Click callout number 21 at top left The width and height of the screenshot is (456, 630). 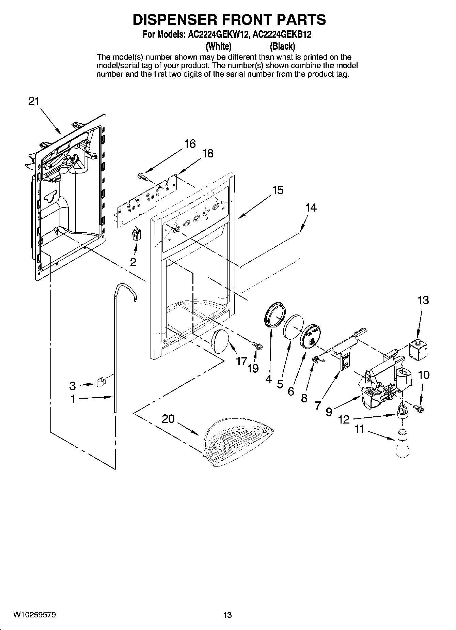point(33,102)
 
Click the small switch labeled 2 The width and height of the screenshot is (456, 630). point(136,234)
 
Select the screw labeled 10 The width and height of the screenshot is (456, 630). point(418,407)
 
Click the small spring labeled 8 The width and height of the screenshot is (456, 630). point(316,359)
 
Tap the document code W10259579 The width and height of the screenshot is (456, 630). point(35,615)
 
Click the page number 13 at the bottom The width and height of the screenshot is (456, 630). point(227,615)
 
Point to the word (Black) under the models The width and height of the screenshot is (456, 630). point(282,46)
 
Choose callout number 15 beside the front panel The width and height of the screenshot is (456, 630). point(278,190)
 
